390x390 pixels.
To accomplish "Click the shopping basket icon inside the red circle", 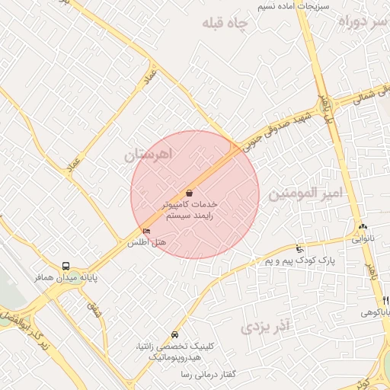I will [x=188, y=193].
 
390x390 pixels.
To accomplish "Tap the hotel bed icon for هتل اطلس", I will [x=147, y=231].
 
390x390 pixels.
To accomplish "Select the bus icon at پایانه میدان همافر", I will [x=66, y=267].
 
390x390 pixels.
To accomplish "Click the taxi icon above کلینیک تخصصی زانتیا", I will [x=175, y=334].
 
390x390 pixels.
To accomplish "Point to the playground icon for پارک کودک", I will [x=299, y=248].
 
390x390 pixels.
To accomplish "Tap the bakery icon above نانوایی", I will [x=362, y=227].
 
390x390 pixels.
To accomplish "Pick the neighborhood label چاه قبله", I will [x=225, y=24].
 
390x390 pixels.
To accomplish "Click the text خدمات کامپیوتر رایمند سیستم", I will [x=190, y=210].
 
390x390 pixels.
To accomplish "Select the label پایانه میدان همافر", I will [x=66, y=279].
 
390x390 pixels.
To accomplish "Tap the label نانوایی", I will [x=362, y=238].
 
